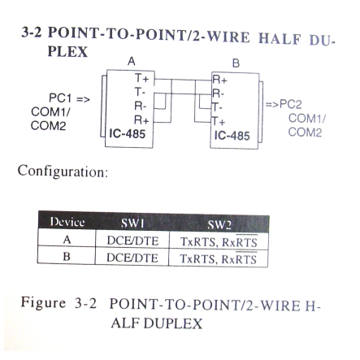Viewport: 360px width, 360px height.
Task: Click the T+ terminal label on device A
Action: pos(142,78)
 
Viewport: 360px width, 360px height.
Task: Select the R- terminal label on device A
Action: pos(141,106)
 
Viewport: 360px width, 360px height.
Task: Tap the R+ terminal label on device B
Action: pos(219,80)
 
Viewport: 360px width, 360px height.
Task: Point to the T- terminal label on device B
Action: pos(218,108)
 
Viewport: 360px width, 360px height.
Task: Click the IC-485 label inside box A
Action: pos(128,134)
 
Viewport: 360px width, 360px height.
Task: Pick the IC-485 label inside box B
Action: pos(232,136)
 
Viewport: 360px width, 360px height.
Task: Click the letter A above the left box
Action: pos(132,62)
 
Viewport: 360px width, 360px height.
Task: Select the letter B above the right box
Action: pos(236,63)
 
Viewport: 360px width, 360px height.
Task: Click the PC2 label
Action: pos(291,104)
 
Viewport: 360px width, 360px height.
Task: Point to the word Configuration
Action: pos(63,171)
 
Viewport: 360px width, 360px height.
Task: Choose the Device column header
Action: pos(67,222)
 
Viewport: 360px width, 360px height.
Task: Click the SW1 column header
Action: pos(132,223)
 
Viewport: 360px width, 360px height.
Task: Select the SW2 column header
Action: pos(219,224)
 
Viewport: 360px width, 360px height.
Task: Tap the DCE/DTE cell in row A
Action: pos(132,241)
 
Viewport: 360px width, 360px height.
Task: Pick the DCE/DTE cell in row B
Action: pos(132,258)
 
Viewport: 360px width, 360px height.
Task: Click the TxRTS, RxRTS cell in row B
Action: pos(219,258)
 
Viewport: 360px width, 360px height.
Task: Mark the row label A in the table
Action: pos(67,240)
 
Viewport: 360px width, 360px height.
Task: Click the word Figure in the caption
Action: pos(43,302)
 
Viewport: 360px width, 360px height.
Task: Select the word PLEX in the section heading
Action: pos(67,52)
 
